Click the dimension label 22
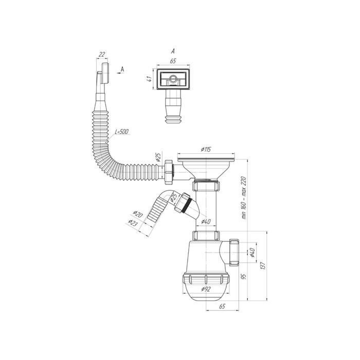coord(102,55)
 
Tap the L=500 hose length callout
coord(122,132)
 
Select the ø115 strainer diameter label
coord(206,149)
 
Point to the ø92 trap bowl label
coord(206,289)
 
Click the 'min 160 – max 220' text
coord(244,198)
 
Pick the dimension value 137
coord(263,266)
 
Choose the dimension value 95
coord(244,276)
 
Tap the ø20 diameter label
coord(138,214)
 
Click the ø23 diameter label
coord(133,222)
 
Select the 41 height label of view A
coord(150,79)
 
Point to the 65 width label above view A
coord(173,61)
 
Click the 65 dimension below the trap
coord(222,306)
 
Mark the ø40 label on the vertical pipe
coord(206,222)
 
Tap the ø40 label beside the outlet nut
coord(252,253)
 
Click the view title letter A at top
coord(173,51)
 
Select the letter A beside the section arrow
coord(122,69)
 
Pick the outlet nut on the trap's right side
coord(234,252)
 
